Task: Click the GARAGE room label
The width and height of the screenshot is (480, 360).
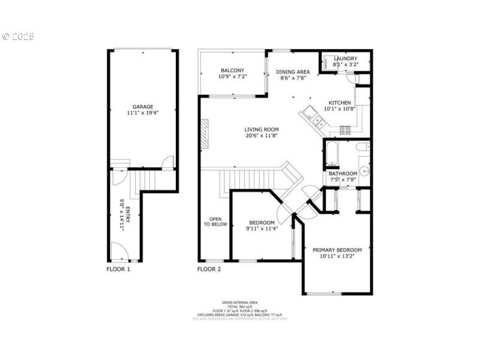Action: point(143,106)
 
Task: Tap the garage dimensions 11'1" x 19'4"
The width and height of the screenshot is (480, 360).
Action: point(143,113)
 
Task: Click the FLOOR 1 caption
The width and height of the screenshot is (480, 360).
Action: point(118,269)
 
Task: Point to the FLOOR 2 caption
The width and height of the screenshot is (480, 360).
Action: point(209,269)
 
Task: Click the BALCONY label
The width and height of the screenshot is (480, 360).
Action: point(232,70)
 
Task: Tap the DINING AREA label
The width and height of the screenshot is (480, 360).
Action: point(292,71)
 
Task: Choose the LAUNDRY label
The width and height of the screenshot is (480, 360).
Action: point(345,58)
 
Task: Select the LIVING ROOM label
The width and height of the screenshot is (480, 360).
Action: point(262,129)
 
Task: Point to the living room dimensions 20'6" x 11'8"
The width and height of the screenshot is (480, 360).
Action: point(262,136)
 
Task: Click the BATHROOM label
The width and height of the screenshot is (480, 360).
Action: point(343,174)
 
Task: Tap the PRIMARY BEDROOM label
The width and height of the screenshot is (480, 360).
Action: point(337,250)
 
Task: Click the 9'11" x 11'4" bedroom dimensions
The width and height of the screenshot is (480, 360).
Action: point(262,229)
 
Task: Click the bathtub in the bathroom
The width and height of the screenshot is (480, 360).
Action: point(331,154)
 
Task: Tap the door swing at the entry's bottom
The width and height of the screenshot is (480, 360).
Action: point(118,250)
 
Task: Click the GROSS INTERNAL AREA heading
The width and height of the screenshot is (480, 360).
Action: point(240,302)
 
